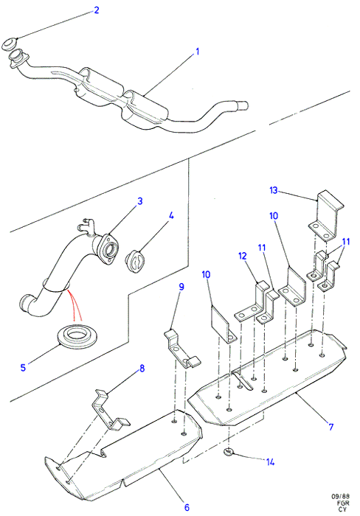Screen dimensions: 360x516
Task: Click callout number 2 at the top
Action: pos(96,10)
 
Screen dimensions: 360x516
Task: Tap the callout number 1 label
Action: pos(197,52)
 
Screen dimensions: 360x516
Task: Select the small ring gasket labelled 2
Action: pos(10,44)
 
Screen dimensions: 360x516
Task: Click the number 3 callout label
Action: pos(140,201)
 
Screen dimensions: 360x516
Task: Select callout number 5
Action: pos(23,367)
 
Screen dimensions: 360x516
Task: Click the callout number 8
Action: pos(142,369)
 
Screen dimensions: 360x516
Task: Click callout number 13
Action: pos(274,190)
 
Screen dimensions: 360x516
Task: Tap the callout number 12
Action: pos(243,256)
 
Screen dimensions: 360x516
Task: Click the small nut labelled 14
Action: pos(229,452)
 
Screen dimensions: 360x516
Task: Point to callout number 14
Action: pos(271,462)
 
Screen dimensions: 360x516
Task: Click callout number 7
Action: pos(330,427)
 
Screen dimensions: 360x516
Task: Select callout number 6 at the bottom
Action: pos(187,507)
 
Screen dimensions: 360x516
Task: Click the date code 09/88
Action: pos(341,497)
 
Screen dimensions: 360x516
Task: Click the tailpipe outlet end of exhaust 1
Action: pos(243,105)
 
